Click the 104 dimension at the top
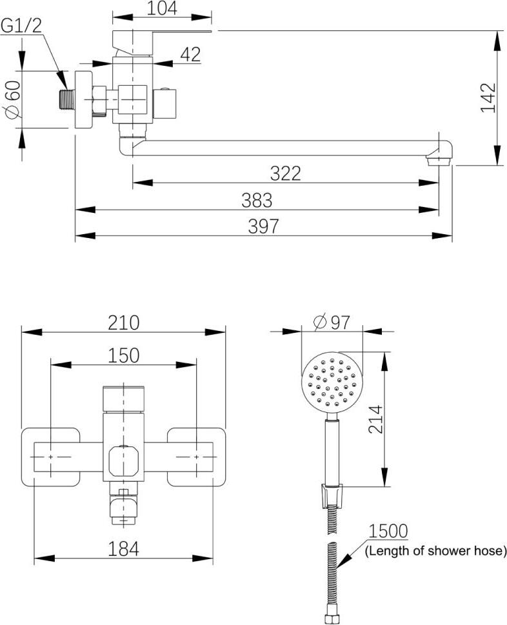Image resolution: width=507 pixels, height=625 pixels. pyautogui.click(x=162, y=8)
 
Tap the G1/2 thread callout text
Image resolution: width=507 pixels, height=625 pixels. pyautogui.click(x=21, y=26)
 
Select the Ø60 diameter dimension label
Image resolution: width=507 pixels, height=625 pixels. pyautogui.click(x=13, y=99)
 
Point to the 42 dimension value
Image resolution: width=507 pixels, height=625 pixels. pyautogui.click(x=190, y=55)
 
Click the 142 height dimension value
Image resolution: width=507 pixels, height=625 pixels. pyautogui.click(x=488, y=98)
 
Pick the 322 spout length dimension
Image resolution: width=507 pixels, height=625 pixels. pyautogui.click(x=285, y=174)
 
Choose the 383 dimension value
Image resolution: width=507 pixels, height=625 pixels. pyautogui.click(x=257, y=200)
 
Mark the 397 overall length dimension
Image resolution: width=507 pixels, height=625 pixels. pyautogui.click(x=263, y=226)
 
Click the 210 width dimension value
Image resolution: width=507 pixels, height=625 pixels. pyautogui.click(x=124, y=323)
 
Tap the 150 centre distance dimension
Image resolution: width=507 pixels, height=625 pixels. pyautogui.click(x=124, y=355)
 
